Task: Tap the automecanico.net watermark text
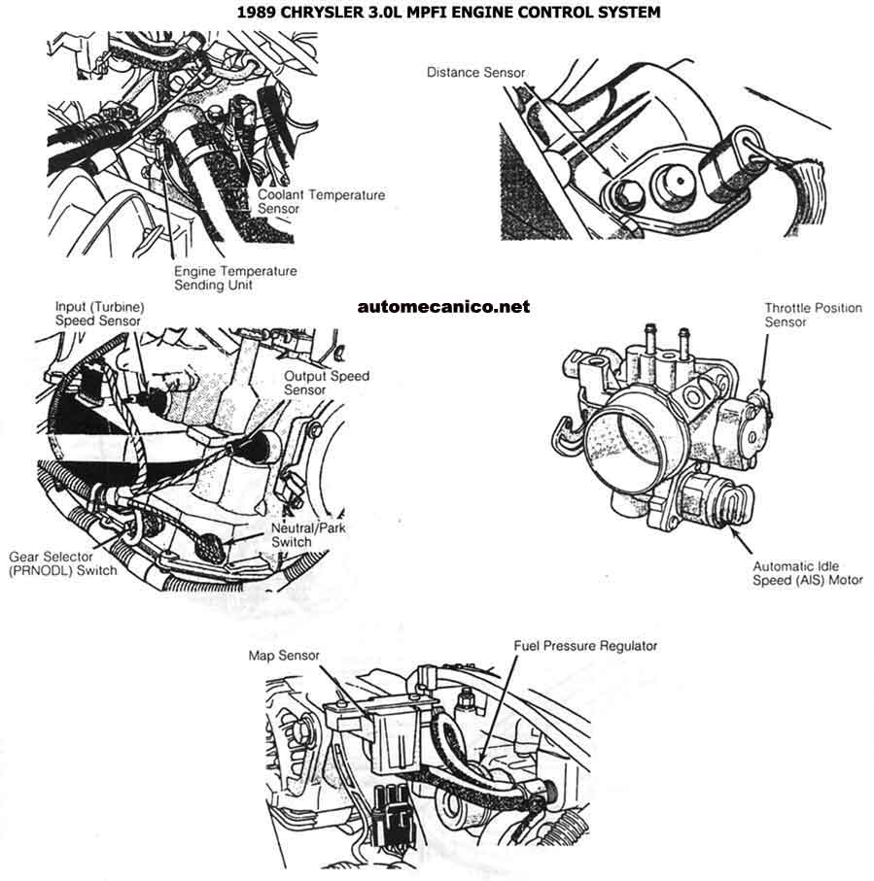coord(444,307)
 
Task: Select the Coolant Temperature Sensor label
coord(321,201)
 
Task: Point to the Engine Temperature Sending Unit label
coord(235,278)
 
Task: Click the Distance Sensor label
coord(476,73)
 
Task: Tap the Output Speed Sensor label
coord(326,383)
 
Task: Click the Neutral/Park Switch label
coord(308,534)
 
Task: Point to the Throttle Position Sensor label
coord(813,315)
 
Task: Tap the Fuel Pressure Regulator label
coord(585,646)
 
